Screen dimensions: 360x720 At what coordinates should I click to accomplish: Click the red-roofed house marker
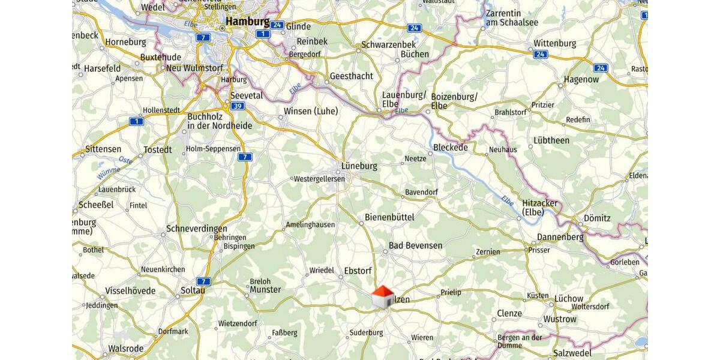tap(382, 296)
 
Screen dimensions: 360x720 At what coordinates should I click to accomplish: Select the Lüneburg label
tap(359, 166)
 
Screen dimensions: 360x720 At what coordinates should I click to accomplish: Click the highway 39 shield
tap(238, 106)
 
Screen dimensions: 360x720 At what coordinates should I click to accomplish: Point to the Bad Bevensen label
tap(415, 245)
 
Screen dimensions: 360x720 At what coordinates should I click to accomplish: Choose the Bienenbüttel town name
tap(389, 217)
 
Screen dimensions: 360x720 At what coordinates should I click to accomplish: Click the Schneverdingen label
tap(197, 229)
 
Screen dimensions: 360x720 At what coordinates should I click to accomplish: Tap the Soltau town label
tap(193, 291)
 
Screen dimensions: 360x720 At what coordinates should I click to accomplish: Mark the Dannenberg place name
tap(560, 237)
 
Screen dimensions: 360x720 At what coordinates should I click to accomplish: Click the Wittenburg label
tap(554, 43)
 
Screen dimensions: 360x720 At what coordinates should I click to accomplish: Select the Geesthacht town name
tap(351, 76)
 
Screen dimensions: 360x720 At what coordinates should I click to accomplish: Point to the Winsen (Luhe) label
tap(311, 111)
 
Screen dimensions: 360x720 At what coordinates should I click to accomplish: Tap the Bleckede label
tap(450, 148)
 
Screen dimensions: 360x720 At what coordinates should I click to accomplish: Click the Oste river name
tap(125, 160)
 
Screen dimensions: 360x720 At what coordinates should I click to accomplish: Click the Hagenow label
tap(581, 79)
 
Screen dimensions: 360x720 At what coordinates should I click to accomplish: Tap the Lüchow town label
tap(568, 298)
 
